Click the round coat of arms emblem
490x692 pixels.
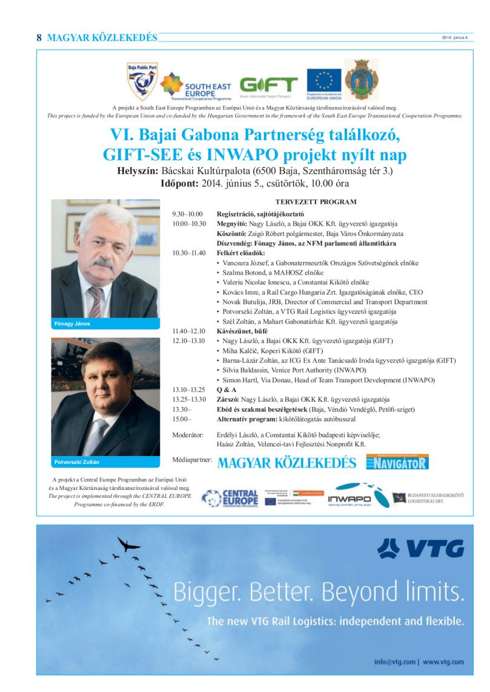click(x=362, y=79)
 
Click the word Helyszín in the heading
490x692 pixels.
click(x=137, y=171)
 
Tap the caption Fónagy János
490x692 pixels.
click(x=72, y=324)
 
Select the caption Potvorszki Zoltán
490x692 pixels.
click(x=77, y=462)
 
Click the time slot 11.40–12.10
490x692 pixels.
click(x=189, y=331)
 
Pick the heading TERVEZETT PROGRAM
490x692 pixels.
click(x=316, y=202)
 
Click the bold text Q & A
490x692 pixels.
click(x=227, y=390)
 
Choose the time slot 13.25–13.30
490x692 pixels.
click(x=189, y=399)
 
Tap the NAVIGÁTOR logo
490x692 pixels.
click(x=397, y=463)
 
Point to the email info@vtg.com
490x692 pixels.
click(x=395, y=662)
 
